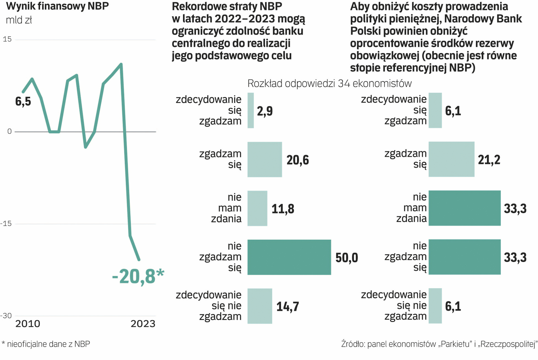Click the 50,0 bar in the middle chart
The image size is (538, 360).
[x=289, y=257]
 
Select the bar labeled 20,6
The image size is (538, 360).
[x=265, y=159]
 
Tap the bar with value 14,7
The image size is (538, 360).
[x=260, y=306]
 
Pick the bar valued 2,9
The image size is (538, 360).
[x=251, y=110]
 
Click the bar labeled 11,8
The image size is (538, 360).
[x=257, y=208]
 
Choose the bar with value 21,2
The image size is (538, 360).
[x=451, y=159]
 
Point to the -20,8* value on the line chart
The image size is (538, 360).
[x=138, y=276]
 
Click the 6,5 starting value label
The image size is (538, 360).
[x=23, y=101]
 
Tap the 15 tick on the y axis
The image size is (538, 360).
[x=7, y=39]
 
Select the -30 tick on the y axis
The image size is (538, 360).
[x=6, y=316]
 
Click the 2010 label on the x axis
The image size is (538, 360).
[x=28, y=324]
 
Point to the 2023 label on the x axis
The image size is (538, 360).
[x=143, y=324]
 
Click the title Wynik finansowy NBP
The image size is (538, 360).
[x=57, y=6]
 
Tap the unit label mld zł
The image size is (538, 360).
[x=19, y=20]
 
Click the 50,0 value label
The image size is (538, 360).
[x=347, y=258]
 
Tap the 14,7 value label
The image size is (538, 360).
[x=288, y=307]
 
